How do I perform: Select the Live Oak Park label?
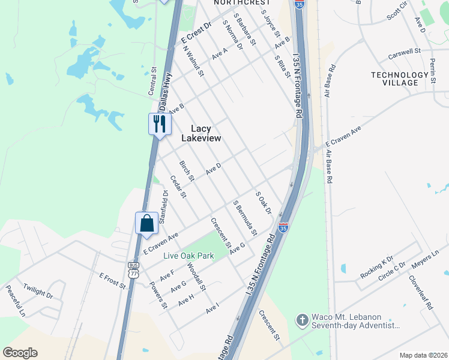click(x=189, y=256)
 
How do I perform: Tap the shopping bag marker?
click(x=146, y=224)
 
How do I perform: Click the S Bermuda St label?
click(x=246, y=218)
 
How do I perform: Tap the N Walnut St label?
click(x=193, y=61)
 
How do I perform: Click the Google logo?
click(x=20, y=353)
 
